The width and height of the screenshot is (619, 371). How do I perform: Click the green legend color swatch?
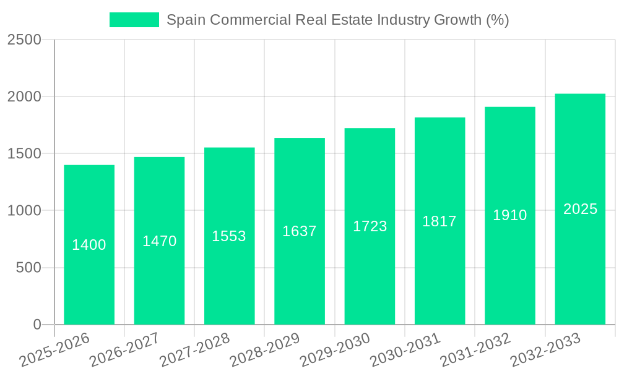(x=134, y=20)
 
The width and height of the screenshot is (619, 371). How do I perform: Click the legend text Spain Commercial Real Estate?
(x=337, y=20)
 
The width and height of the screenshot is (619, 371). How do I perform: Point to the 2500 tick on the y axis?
(x=24, y=40)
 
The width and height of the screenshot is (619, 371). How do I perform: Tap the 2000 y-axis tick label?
(x=24, y=97)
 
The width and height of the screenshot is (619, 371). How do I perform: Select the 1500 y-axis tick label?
(x=24, y=154)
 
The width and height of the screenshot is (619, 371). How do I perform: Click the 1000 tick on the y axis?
(x=24, y=211)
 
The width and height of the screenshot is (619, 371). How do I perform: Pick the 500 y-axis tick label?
(x=28, y=268)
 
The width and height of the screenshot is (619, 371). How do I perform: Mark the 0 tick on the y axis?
(x=37, y=325)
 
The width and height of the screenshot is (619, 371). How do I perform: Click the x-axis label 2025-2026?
(x=54, y=349)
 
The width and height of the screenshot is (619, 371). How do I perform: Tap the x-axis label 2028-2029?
(x=264, y=349)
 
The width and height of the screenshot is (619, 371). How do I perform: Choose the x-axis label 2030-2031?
(x=405, y=349)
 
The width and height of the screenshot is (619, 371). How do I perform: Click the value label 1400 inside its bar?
(x=89, y=245)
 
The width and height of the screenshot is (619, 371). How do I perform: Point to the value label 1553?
(x=229, y=236)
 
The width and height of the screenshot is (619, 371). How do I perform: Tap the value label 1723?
(x=370, y=226)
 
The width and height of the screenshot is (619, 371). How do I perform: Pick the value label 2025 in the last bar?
(x=580, y=209)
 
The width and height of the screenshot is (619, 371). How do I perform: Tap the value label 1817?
(x=439, y=221)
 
